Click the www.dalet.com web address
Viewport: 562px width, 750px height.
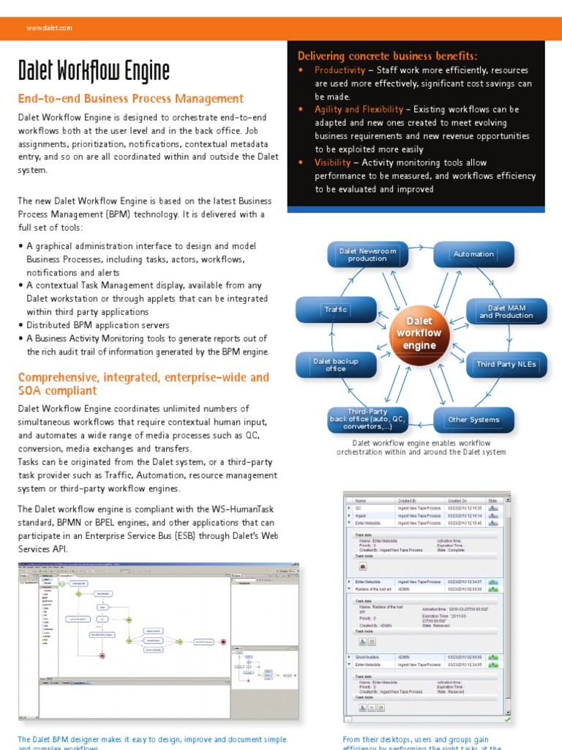pos(49,29)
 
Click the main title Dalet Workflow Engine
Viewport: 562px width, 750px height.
pos(94,71)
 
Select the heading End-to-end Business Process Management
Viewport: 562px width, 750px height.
pos(130,99)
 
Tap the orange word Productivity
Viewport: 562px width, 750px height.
pos(340,70)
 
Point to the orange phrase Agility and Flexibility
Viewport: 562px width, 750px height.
pos(358,109)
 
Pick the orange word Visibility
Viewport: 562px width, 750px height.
pos(332,163)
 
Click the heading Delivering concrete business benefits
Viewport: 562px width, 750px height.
pos(387,56)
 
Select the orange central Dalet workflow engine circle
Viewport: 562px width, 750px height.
pos(419,333)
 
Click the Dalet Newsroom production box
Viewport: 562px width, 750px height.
pos(367,254)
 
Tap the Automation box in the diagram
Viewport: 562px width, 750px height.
pos(473,254)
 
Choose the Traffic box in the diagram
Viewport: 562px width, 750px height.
pos(335,310)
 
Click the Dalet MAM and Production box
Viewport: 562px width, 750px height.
pos(506,311)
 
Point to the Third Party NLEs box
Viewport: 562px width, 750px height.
pos(506,364)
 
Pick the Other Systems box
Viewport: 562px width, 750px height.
pos(473,420)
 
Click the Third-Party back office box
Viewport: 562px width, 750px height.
pos(367,420)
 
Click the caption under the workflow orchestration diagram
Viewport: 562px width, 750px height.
pos(421,448)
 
